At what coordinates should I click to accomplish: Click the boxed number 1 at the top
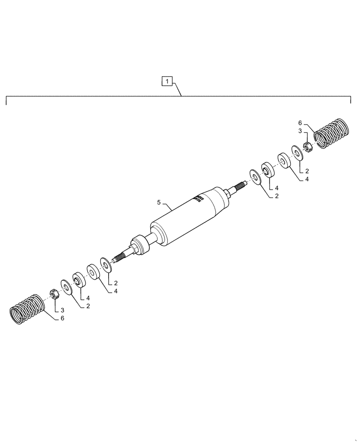[166, 81]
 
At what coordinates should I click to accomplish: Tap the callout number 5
[159, 202]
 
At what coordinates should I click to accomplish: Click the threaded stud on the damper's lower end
[120, 257]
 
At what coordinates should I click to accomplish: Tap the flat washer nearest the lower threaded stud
[106, 265]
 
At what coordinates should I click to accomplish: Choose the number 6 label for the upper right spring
[300, 123]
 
